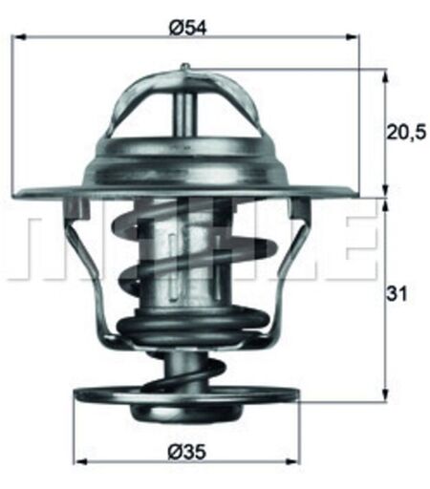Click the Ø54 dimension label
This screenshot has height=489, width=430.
(x=188, y=28)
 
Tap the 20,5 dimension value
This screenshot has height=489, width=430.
(x=406, y=132)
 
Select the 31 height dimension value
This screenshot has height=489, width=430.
(x=397, y=294)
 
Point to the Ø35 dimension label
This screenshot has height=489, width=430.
(x=187, y=452)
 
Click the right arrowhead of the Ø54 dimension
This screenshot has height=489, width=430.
(x=352, y=37)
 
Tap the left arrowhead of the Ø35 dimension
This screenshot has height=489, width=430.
(x=82, y=471)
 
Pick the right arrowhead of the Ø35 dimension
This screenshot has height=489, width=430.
(x=292, y=471)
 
